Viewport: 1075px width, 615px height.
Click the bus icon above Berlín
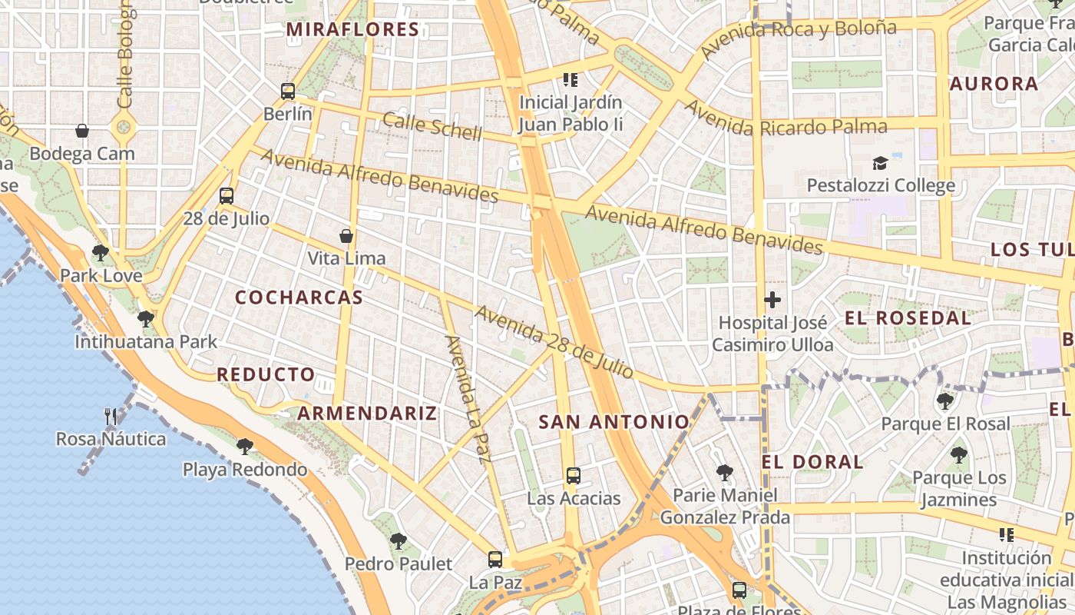288,91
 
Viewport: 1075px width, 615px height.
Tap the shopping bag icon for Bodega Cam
82,131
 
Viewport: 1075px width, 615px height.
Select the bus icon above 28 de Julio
226,195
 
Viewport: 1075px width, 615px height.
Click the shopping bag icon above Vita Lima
346,235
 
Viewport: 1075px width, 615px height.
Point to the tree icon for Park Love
100,252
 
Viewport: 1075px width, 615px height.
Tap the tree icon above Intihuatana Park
145,318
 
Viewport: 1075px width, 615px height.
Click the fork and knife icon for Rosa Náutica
111,417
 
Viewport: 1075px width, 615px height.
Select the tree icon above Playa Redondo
245,446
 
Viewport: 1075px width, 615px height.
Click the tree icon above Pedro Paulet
398,540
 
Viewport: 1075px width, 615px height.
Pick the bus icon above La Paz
495,560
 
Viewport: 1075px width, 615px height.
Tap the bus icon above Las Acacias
573,475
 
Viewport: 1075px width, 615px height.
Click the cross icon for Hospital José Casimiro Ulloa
772,300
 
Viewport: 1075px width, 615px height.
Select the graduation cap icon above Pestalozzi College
880,163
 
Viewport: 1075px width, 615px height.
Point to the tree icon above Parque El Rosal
945,401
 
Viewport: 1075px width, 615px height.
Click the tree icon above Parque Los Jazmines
958,454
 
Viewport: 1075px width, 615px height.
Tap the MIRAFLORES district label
352,30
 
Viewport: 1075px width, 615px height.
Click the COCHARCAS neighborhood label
299,298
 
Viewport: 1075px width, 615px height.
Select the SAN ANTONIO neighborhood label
614,422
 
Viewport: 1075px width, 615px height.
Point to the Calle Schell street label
432,127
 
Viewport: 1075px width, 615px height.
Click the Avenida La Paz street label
467,400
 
